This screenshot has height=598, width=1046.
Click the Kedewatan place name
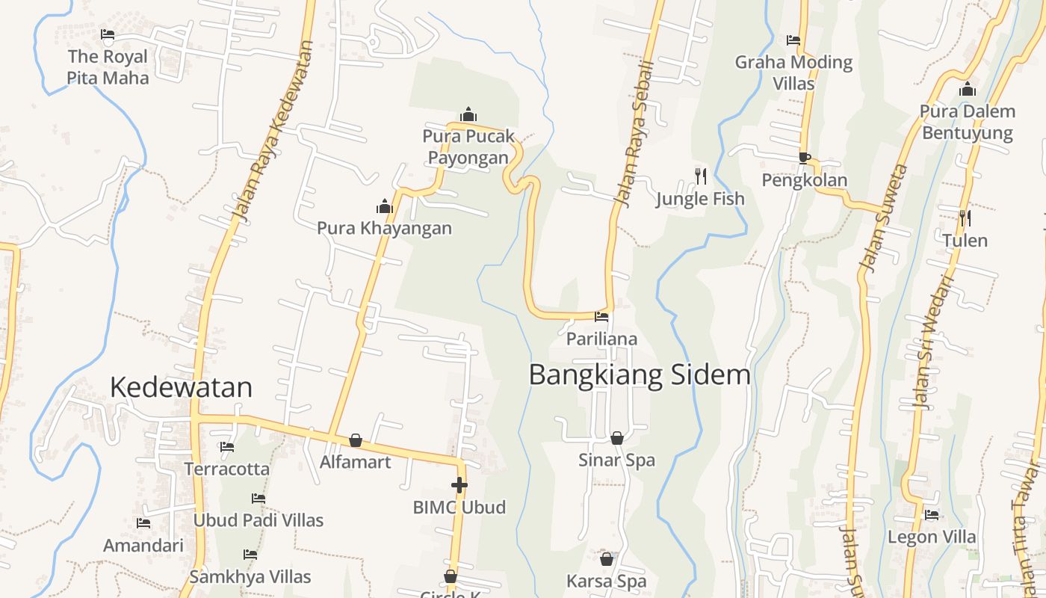tap(181, 387)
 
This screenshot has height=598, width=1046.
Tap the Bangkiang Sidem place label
tap(640, 374)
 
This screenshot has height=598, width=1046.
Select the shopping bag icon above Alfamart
tap(356, 440)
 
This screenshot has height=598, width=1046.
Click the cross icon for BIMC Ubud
tap(459, 485)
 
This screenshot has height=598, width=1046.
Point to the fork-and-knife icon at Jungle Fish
tap(701, 176)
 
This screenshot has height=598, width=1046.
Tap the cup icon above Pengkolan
tap(804, 158)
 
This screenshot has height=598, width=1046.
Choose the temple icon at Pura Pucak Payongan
tap(468, 114)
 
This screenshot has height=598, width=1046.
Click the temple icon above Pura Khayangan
tap(385, 206)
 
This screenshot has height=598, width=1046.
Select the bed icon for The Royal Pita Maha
tap(108, 34)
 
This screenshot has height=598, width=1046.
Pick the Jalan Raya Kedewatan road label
tap(272, 132)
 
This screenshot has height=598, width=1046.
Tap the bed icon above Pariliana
tap(601, 317)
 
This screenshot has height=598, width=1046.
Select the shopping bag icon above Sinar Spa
tap(617, 438)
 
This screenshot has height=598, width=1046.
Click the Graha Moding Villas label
tap(793, 73)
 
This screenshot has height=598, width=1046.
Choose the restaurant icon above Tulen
tap(965, 218)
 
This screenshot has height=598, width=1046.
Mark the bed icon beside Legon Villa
tap(932, 515)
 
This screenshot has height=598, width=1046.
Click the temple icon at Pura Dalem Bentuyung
tap(968, 90)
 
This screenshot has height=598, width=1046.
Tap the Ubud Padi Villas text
tap(259, 520)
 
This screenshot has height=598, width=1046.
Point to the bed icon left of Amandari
tap(143, 523)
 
